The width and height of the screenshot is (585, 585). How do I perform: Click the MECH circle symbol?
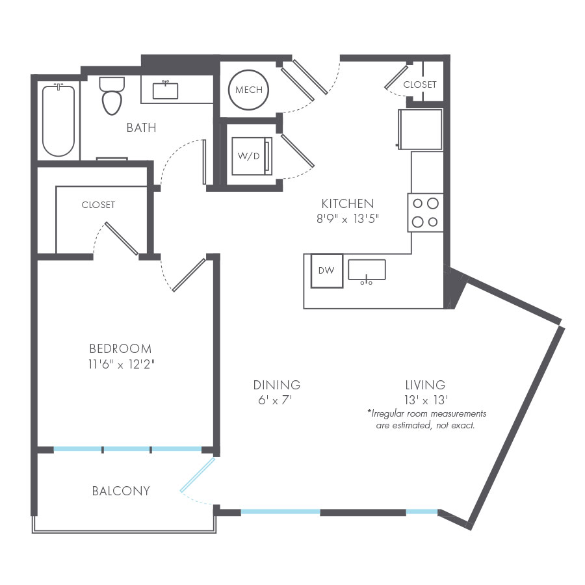coord(249,90)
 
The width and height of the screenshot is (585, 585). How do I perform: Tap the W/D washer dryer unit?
coord(250,156)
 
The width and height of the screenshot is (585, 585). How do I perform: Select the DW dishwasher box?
coord(326,270)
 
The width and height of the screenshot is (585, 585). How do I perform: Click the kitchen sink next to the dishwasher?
coord(367,270)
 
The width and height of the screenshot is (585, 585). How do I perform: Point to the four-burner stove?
coord(426,213)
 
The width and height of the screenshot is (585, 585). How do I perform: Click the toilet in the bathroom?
coord(112,96)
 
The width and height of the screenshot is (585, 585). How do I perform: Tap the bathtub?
coord(58,120)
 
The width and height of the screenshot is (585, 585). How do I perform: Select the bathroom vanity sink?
coord(165,90)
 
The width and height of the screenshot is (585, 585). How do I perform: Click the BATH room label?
coord(141,127)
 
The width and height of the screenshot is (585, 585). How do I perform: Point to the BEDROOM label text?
coord(120,348)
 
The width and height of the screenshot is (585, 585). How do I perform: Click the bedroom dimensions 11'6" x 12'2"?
coord(120,364)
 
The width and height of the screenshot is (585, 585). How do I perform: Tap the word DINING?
coord(277,385)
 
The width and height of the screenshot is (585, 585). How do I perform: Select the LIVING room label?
coord(426,385)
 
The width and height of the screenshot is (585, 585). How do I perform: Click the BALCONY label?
coord(121,491)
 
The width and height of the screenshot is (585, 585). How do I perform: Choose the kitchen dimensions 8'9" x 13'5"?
coord(347,219)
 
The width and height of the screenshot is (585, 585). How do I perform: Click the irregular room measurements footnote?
coord(426,419)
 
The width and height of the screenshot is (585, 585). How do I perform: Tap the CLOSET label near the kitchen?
coord(420,84)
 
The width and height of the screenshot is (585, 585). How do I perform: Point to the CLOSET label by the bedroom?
coord(98,205)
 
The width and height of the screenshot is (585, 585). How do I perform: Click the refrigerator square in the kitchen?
coord(421,129)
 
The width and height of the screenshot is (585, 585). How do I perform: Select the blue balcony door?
coord(197,476)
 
